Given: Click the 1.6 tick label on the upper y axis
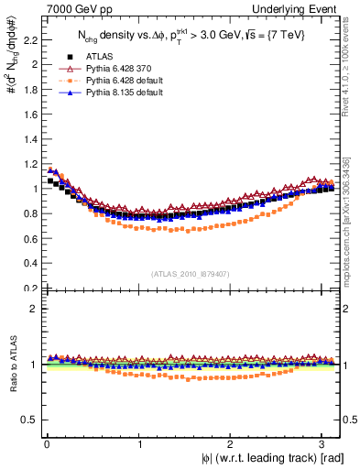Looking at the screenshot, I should point(29,115).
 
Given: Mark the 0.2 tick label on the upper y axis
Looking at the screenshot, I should point(29,288).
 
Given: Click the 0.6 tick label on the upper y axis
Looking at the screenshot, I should point(29,238).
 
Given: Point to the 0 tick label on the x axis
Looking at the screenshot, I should point(47,442).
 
